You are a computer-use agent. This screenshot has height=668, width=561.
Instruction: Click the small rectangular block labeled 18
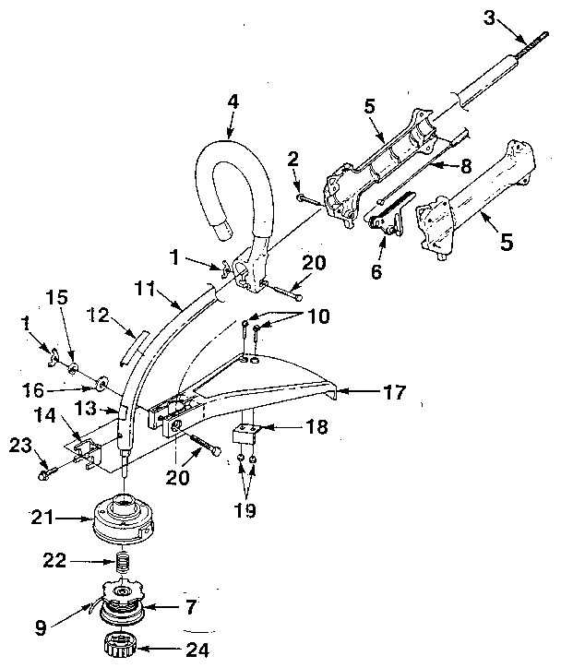coord(245,433)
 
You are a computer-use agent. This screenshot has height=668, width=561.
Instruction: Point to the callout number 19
coord(247,508)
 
